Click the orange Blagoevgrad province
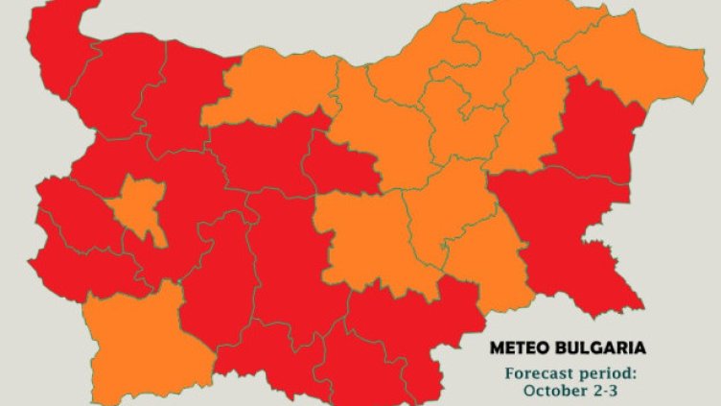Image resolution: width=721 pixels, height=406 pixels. tap(144, 331)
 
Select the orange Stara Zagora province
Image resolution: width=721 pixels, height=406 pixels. tap(360, 240)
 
